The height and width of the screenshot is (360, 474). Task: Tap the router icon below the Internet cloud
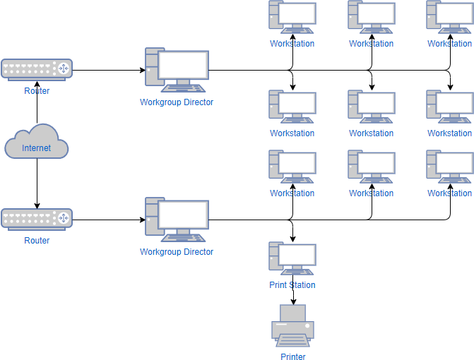[x=37, y=220]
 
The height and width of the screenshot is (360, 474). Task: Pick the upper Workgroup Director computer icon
[x=177, y=70]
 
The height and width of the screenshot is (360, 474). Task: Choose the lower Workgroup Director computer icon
[x=177, y=220]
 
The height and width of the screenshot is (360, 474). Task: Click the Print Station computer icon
[x=292, y=258]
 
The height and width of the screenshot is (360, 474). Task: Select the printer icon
[x=292, y=325]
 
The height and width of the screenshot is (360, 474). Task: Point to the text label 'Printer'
[x=292, y=356]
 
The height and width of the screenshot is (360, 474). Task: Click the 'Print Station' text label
[x=292, y=285]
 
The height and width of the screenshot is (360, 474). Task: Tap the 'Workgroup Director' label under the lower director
[x=177, y=252]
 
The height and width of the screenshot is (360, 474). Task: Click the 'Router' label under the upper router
[x=37, y=90]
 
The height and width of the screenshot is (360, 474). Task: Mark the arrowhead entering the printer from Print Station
[x=292, y=301]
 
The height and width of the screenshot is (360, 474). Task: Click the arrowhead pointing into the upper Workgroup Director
[x=142, y=71]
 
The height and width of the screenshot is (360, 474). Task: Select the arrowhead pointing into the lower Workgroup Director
[x=142, y=220]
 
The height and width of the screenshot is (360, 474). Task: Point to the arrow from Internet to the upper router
[x=37, y=106]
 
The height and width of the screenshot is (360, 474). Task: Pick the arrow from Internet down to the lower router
[x=37, y=184]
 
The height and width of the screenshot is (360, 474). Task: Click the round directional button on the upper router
[x=63, y=69]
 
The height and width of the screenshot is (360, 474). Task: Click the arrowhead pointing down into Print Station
[x=292, y=239]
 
